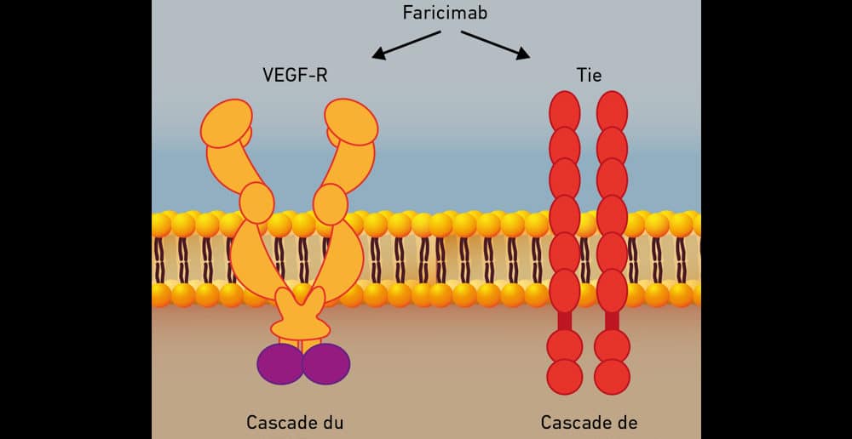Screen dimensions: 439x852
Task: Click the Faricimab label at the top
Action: click(445, 14)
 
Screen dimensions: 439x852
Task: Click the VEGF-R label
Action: click(295, 75)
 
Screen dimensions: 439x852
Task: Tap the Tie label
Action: click(589, 75)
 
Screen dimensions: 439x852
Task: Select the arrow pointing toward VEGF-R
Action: click(406, 45)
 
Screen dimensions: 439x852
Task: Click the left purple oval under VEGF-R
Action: click(280, 363)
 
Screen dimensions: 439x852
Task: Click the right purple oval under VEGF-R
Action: click(326, 363)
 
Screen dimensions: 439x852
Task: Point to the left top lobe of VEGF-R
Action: click(227, 123)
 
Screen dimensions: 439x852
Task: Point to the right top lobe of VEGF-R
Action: click(351, 122)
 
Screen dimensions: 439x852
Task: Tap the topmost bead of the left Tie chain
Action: click(565, 111)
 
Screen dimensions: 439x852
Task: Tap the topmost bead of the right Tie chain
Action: click(612, 111)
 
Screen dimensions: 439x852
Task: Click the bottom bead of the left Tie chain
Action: click(564, 376)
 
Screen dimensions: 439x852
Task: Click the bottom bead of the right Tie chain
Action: click(612, 376)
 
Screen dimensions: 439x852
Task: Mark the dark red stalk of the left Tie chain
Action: click(564, 321)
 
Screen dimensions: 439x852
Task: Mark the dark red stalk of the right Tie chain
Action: click(612, 321)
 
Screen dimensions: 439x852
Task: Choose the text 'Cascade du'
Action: click(294, 422)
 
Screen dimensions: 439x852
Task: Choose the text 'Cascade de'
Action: click(589, 422)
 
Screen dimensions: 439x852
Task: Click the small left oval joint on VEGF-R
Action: click(256, 202)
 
